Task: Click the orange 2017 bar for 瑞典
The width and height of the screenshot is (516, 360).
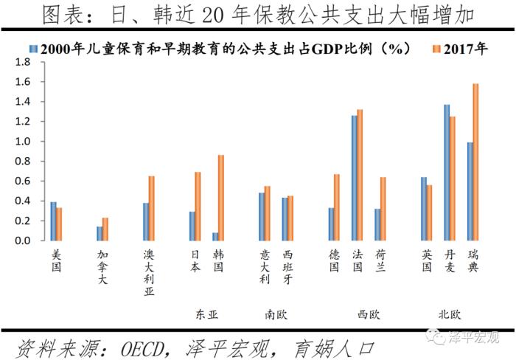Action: coord(475,162)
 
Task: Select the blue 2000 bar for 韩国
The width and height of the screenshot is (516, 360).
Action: coord(215,237)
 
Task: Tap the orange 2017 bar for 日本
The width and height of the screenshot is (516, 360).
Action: coord(198,207)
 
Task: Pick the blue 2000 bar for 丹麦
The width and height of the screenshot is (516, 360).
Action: coord(447,173)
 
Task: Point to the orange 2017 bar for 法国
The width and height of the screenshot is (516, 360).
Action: coord(360,175)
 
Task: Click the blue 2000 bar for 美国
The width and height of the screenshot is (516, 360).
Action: coord(53,221)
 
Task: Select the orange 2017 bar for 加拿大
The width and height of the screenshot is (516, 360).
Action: coord(105,229)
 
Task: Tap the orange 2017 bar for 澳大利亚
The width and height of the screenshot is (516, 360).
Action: coord(151,208)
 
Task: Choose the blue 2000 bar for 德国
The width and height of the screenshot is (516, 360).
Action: coord(331,224)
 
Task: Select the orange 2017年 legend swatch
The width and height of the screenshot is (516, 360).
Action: coord(436,49)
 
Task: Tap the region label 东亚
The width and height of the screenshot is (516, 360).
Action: coord(206,314)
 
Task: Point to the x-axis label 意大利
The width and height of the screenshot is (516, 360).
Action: coord(265,266)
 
